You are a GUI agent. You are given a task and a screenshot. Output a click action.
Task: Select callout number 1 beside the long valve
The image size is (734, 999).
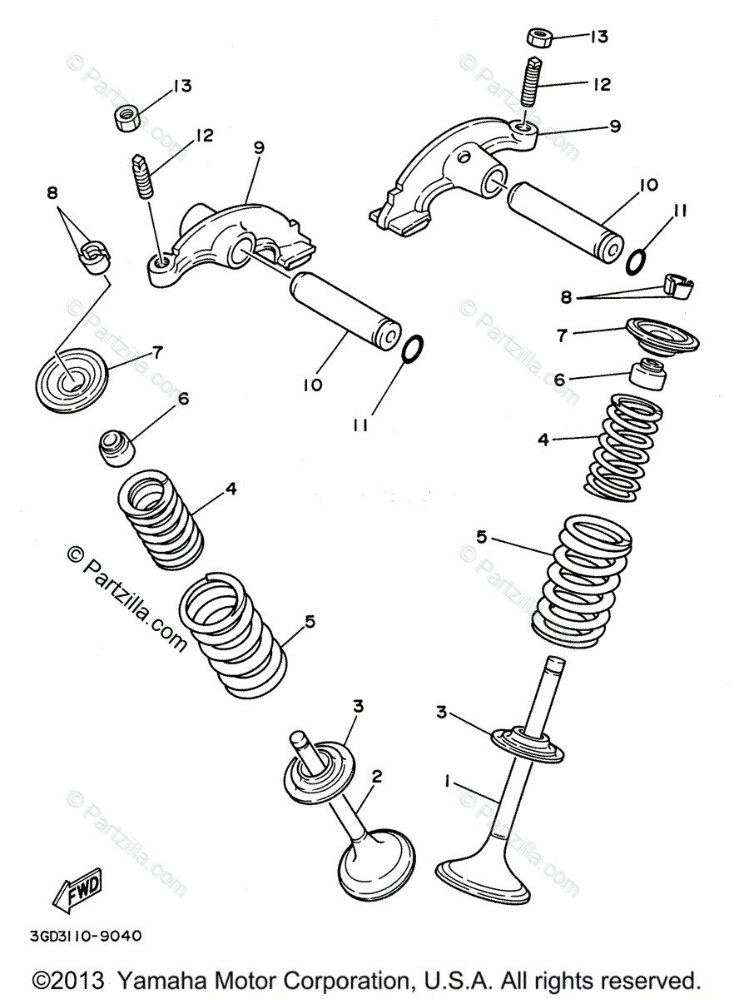pyautogui.click(x=448, y=781)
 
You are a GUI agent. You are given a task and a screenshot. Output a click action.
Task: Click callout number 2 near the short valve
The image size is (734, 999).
pyautogui.click(x=376, y=776)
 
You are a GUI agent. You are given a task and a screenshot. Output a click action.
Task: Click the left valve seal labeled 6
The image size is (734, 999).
pyautogui.click(x=117, y=448)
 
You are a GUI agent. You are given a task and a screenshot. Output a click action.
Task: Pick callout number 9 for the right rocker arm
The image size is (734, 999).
pyautogui.click(x=615, y=127)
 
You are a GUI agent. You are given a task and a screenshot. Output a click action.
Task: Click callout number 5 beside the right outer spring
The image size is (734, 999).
pyautogui.click(x=481, y=536)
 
